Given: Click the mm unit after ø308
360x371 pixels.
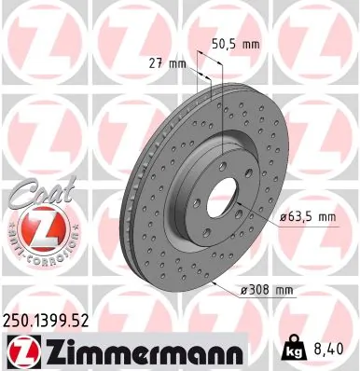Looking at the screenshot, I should [x=283, y=292].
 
